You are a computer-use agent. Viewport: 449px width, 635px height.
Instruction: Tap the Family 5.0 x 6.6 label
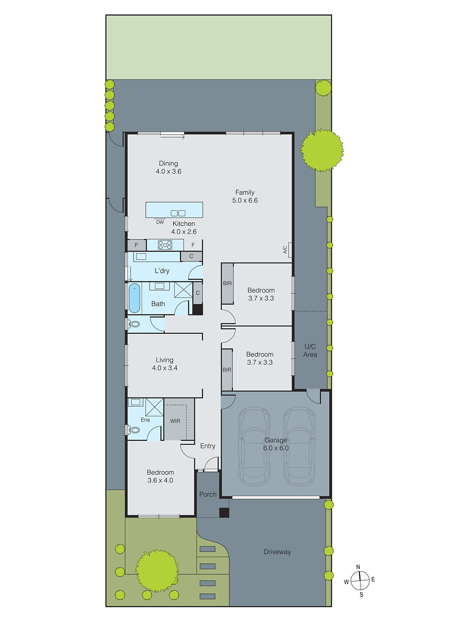pos(245,196)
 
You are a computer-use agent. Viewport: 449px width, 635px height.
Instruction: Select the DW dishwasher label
pos(160,222)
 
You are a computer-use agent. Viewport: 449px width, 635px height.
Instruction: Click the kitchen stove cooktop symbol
pos(165,245)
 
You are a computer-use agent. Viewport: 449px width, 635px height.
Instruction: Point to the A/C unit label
pos(285,250)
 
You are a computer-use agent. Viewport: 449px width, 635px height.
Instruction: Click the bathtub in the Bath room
pos(135,298)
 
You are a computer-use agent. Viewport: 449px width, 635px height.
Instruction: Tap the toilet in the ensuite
pos(134,430)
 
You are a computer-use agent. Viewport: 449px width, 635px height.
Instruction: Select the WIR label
pos(175,421)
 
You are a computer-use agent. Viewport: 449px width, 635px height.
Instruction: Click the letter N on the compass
pos(358,567)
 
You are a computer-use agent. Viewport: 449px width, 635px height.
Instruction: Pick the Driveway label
pos(277,552)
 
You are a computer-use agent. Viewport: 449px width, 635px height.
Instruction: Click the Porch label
pos(208,495)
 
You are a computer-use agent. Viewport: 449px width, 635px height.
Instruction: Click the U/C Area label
pos(310,350)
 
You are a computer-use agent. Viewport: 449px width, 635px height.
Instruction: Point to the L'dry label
pos(162,271)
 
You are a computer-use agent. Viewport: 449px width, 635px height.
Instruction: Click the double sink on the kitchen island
pos(178,213)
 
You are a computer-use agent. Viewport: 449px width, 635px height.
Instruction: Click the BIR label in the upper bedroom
pos(227,283)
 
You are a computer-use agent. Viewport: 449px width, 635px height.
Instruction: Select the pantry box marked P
pos(136,245)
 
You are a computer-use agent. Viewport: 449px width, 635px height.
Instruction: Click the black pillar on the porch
pos(224,512)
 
